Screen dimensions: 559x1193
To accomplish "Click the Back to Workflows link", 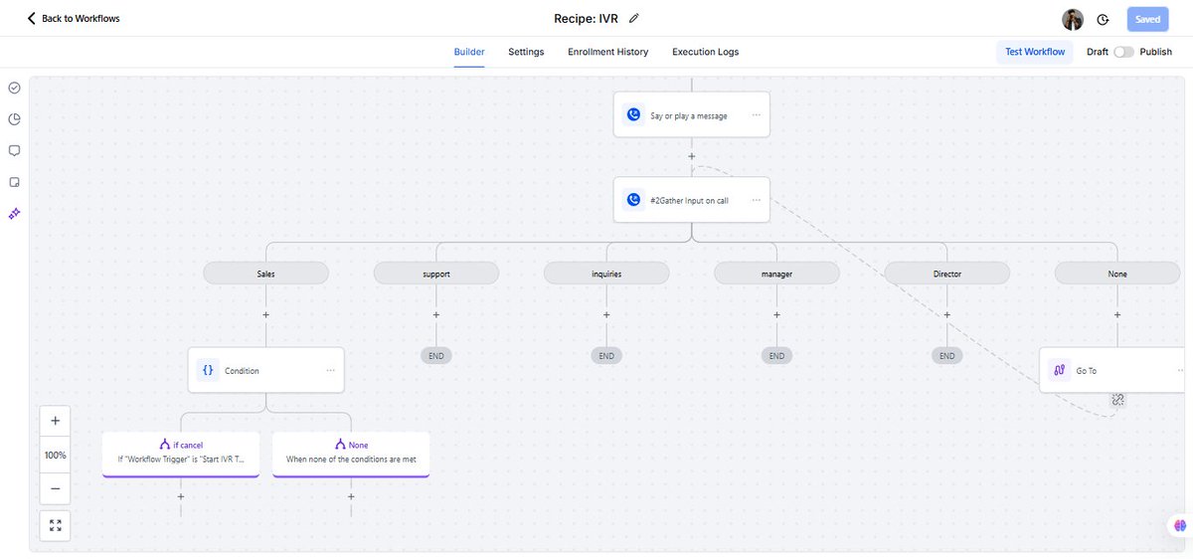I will click(74, 19).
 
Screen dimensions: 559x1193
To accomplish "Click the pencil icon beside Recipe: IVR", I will click(634, 18).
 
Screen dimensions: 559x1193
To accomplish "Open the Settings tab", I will click(526, 52).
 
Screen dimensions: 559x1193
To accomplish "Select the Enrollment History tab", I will click(607, 52).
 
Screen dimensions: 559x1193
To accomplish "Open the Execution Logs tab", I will click(705, 52).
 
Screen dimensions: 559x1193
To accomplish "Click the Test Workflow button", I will click(1034, 52).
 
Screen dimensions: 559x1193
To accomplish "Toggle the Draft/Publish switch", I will click(1123, 52).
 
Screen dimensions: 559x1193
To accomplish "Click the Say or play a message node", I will click(689, 115).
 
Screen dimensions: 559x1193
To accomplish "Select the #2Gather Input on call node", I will click(689, 200).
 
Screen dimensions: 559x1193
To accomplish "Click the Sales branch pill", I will click(265, 274).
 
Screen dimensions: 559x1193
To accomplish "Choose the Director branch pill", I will click(946, 274).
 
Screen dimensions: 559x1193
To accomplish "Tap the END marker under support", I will click(435, 356).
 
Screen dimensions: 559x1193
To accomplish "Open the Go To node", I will click(1104, 370).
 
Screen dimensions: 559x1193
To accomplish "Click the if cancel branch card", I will click(180, 453).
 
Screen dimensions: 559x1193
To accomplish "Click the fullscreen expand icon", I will click(55, 525).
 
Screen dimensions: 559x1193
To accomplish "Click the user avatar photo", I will click(1072, 19).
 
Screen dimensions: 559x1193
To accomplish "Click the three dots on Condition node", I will click(330, 370).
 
